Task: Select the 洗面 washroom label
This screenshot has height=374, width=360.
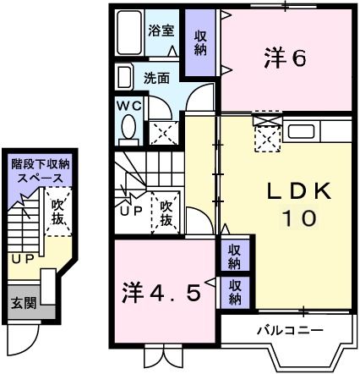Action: (156, 78)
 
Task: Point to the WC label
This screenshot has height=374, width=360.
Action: (128, 106)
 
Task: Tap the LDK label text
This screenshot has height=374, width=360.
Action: (286, 190)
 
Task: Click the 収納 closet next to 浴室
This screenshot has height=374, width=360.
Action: (200, 43)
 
